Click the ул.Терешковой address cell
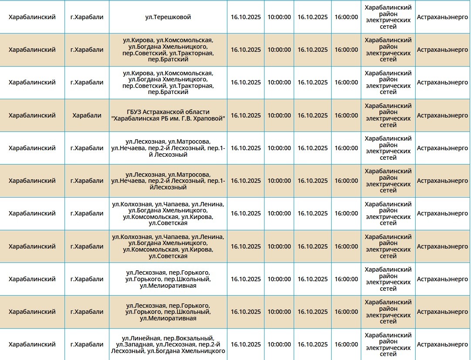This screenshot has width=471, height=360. pos(168,17)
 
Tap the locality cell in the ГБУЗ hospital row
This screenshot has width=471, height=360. pos(87,115)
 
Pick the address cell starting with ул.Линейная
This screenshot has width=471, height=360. pos(168,344)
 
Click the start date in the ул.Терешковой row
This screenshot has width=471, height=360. pos(246,17)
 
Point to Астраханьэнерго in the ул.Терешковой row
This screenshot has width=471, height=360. pos(442,17)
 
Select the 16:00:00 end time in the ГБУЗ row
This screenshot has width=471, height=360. pos(346,115)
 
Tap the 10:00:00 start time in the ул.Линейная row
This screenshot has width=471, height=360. pos(279,344)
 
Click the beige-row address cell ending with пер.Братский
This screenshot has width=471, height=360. pos(168,50)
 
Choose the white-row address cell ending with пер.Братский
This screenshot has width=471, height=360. pos(168,83)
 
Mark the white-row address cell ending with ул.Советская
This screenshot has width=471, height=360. pos(168,214)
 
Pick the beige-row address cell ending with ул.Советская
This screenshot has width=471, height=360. pos(168,246)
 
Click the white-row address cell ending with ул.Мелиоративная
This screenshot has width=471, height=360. pos(168,279)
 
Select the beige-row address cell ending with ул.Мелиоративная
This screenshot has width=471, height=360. pos(168,312)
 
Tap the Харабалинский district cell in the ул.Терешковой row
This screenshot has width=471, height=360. pos(32,17)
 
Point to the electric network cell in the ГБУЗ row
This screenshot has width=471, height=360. pos(388,115)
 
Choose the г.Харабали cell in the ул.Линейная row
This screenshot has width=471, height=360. pos(87,344)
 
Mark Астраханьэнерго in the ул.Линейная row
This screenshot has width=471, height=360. pos(442,344)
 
